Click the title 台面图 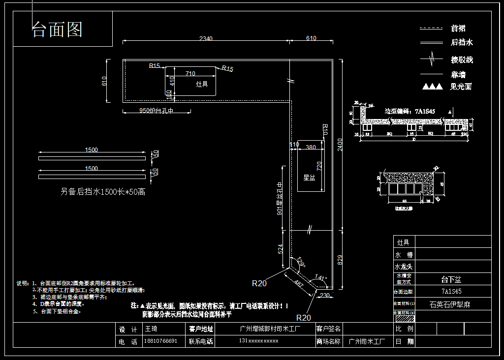pos(57,30)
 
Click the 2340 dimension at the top pos(206,38)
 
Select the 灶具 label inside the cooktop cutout pos(202,85)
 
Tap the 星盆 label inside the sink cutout pos(309,178)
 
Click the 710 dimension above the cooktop pos(190,73)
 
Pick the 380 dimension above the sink pos(311,147)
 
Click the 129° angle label pos(301,264)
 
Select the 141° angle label pos(320,278)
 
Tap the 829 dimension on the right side pos(340,260)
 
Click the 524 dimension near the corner pos(281,249)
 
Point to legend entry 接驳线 pos(462,60)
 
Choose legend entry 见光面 pos(461,87)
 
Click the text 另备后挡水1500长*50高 pos(103,192)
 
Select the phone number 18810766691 pos(160,341)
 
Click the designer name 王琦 pos(150,329)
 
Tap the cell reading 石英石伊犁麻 pos(450,304)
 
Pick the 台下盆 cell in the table pos(451,279)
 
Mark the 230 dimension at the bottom pos(324,295)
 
